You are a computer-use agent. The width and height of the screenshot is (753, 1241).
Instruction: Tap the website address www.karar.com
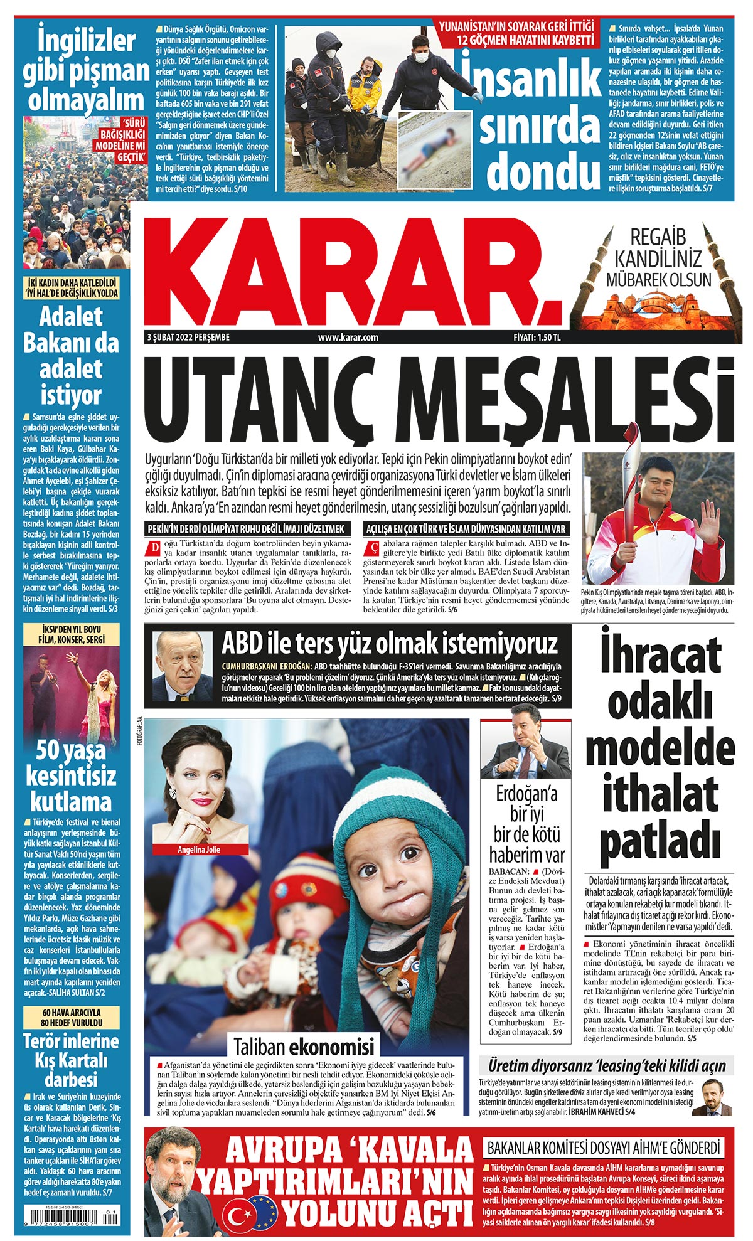tap(348, 338)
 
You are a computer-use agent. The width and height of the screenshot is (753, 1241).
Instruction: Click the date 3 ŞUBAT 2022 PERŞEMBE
tap(188, 338)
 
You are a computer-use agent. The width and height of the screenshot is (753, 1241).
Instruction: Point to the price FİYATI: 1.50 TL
tap(537, 338)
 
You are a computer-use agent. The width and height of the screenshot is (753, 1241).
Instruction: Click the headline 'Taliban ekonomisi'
tap(304, 1047)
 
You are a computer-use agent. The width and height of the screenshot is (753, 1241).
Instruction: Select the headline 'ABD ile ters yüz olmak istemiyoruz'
tap(389, 644)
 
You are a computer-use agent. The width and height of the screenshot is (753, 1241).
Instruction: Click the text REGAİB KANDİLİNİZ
tap(658, 247)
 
